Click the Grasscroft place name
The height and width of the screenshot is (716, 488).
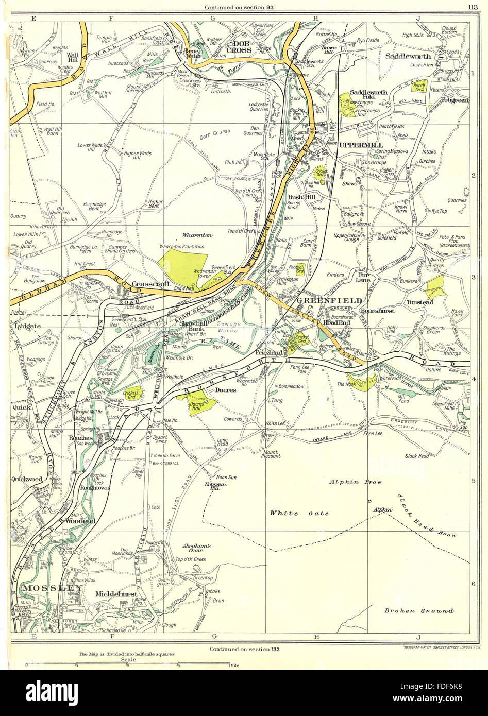click(x=147, y=284)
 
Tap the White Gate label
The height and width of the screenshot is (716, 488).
click(x=291, y=513)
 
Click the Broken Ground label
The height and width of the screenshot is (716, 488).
click(x=418, y=611)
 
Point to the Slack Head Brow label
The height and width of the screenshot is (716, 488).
click(x=427, y=516)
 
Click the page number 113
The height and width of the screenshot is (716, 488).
click(x=472, y=7)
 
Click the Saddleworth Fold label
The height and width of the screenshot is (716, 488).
click(x=368, y=95)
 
